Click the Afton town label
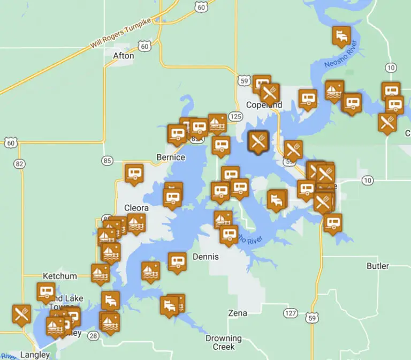click(124, 55)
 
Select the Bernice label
click(170, 157)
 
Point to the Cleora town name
click(136, 207)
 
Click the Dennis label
click(205, 257)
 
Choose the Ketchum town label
click(59, 276)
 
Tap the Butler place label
click(378, 266)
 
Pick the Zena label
click(238, 313)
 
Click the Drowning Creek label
click(224, 343)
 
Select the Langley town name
click(35, 354)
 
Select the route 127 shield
click(291, 313)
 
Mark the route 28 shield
click(94, 336)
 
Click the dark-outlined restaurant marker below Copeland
click(258, 141)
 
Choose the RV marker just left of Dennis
click(177, 261)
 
